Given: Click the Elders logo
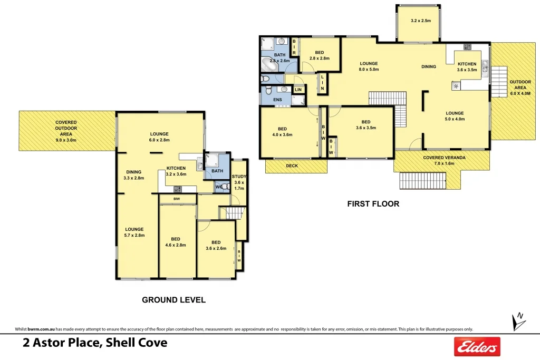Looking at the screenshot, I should pyautogui.click(x=477, y=346).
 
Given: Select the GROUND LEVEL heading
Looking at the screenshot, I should pyautogui.click(x=173, y=300).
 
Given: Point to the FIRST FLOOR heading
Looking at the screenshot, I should pyautogui.click(x=373, y=203).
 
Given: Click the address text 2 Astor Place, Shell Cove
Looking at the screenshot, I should pyautogui.click(x=95, y=343).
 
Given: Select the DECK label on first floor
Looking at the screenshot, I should pyautogui.click(x=292, y=166).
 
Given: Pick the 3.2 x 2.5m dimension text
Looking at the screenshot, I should pyautogui.click(x=421, y=21).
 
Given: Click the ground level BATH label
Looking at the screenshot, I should pyautogui.click(x=217, y=171).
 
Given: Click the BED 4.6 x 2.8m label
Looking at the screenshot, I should pyautogui.click(x=176, y=242).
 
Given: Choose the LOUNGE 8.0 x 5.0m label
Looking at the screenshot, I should pyautogui.click(x=369, y=66).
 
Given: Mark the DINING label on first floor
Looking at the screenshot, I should pyautogui.click(x=428, y=66).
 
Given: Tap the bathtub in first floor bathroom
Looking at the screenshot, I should pyautogui.click(x=272, y=64).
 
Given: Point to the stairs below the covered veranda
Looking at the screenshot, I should pyautogui.click(x=423, y=182).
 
